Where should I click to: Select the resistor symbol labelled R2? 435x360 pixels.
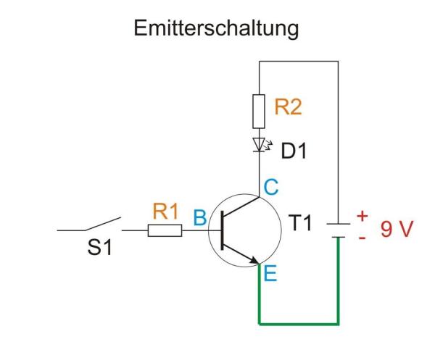(x=260, y=109)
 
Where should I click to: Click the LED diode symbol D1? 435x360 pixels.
(x=260, y=144)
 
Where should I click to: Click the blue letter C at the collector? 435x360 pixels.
(x=270, y=188)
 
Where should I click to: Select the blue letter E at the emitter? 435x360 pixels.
(x=270, y=274)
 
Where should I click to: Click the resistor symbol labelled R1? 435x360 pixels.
(x=165, y=231)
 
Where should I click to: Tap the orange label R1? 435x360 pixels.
(x=165, y=212)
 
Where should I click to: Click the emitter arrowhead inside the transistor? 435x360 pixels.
(x=253, y=261)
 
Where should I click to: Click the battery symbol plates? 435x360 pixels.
(x=338, y=229)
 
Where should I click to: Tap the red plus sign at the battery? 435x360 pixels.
(x=362, y=216)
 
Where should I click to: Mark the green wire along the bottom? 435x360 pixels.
(x=299, y=322)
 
